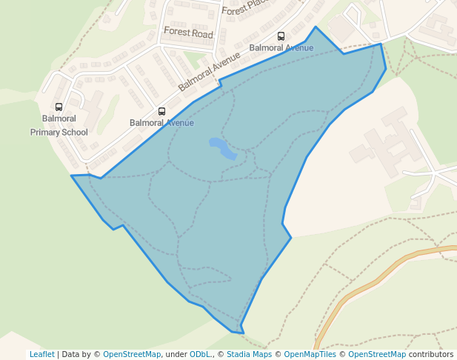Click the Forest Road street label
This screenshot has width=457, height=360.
[x=188, y=34]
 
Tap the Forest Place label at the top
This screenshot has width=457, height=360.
[x=244, y=10]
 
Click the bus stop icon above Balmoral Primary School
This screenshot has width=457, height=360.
[x=59, y=107]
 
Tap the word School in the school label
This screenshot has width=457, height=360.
[x=75, y=133]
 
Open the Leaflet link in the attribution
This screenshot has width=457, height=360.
[x=41, y=354]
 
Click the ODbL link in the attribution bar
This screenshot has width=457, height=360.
[x=201, y=354]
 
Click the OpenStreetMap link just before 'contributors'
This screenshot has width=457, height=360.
[x=377, y=354]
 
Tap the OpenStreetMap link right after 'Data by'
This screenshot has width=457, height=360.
[x=132, y=354]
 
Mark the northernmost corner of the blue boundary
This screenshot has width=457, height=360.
[x=316, y=27]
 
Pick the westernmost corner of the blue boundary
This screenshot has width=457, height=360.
[x=72, y=176]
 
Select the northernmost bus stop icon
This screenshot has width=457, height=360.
[x=281, y=36]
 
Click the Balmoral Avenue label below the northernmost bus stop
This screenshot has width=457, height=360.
[x=281, y=48]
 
